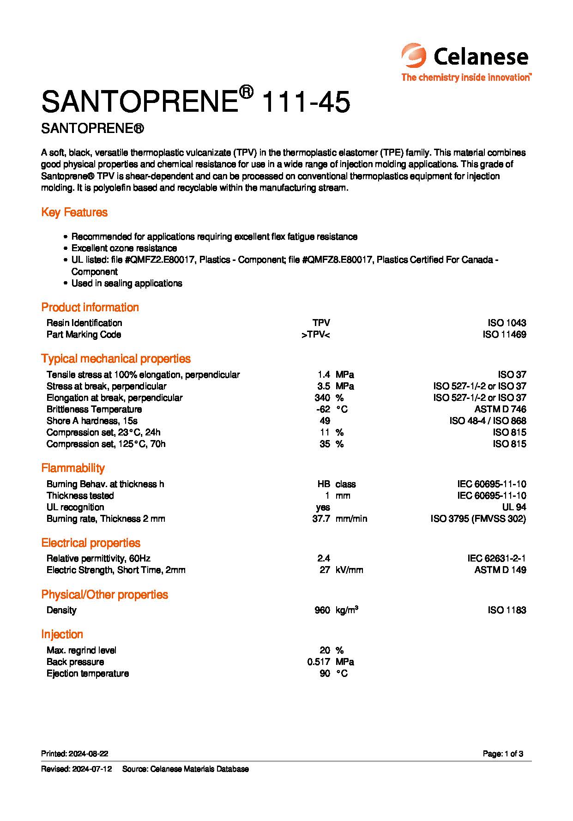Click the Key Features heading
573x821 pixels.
(x=74, y=212)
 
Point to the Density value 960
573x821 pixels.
(x=322, y=610)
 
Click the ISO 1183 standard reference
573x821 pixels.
(x=507, y=610)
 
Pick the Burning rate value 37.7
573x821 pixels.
(x=321, y=519)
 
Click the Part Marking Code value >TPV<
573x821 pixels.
(x=316, y=334)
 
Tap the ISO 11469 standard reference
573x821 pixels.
(x=504, y=334)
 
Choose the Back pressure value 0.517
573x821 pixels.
(x=319, y=662)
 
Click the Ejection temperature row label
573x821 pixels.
(x=88, y=673)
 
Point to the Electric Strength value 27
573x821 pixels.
(x=325, y=570)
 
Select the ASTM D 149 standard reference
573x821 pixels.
(x=500, y=570)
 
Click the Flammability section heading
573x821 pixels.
(x=73, y=468)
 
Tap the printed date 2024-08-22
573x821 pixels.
(x=88, y=754)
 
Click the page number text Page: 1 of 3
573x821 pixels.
(x=503, y=754)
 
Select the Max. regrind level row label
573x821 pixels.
(x=81, y=650)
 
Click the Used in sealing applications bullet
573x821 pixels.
(x=127, y=283)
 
